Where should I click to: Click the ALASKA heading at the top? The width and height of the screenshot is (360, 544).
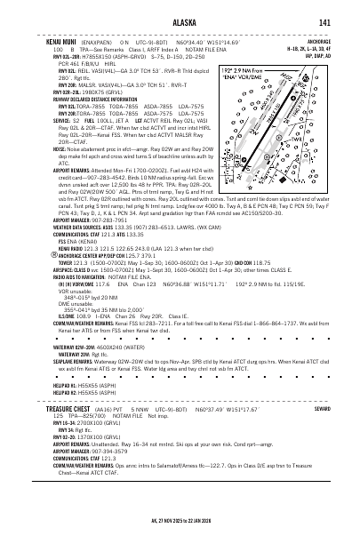click(x=180, y=22)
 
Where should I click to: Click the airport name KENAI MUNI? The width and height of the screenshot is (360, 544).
click(x=38, y=40)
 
